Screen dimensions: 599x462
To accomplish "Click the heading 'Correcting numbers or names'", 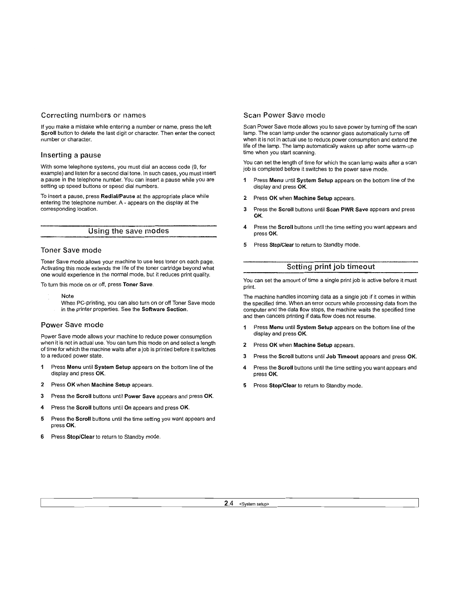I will [93, 115].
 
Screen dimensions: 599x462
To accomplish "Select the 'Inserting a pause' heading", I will [71, 155].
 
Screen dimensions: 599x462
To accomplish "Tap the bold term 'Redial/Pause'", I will [118, 196].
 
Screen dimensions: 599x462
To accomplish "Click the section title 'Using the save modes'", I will [128, 231].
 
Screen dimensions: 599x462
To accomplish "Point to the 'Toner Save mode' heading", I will [71, 250].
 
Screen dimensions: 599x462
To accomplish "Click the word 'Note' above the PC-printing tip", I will [67, 296].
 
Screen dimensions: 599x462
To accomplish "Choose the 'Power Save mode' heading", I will [72, 325].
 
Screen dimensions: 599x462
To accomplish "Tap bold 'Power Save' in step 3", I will [139, 396].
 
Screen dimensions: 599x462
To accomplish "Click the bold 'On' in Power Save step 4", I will [128, 408].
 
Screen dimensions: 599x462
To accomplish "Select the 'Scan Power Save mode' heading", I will [284, 115].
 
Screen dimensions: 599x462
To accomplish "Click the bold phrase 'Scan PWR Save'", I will [347, 209].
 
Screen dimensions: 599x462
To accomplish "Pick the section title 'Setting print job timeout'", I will [330, 267].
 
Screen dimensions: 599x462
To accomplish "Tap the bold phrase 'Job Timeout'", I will [342, 356].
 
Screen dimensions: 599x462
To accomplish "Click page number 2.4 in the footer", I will [228, 503].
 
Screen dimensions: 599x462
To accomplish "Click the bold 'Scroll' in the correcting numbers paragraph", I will [49, 133].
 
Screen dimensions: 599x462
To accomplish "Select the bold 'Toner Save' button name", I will [138, 284].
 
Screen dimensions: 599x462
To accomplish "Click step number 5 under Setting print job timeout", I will [245, 386].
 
